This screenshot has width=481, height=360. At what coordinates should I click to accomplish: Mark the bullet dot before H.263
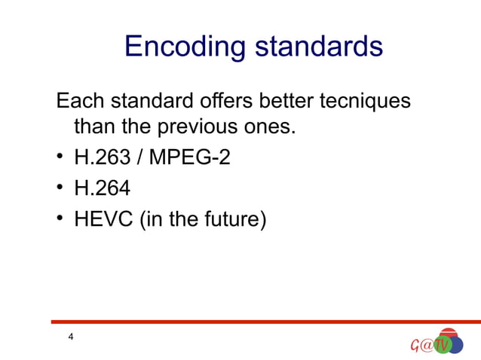click(x=60, y=159)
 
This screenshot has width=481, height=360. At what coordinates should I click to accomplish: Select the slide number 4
click(x=70, y=336)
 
